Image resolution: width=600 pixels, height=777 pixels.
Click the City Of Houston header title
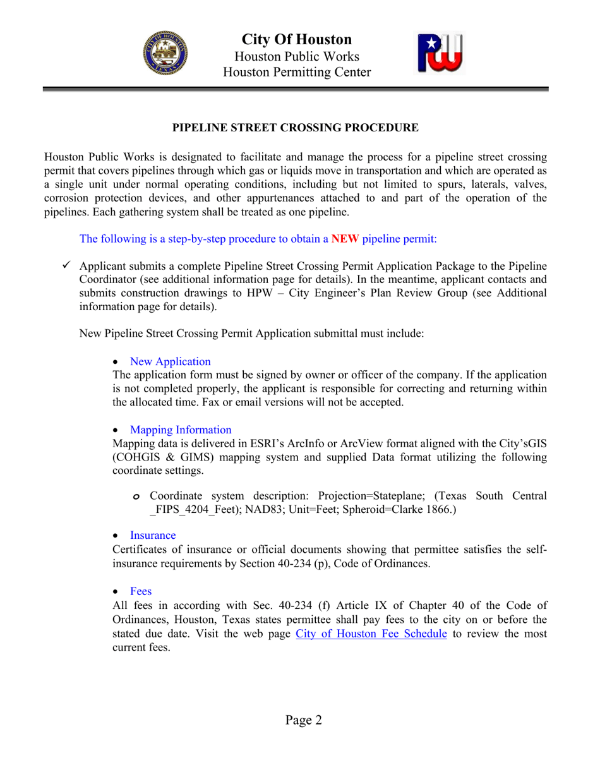tap(297, 40)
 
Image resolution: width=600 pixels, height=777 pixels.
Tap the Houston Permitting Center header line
tap(297, 73)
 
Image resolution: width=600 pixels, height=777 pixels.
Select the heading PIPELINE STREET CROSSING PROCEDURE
tap(296, 128)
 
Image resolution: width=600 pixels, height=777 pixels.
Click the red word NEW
tap(345, 239)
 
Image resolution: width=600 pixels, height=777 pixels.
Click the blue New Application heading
tap(171, 362)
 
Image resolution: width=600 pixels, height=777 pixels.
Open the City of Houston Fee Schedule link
tap(371, 634)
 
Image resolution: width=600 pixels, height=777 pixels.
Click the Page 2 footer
tap(303, 720)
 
